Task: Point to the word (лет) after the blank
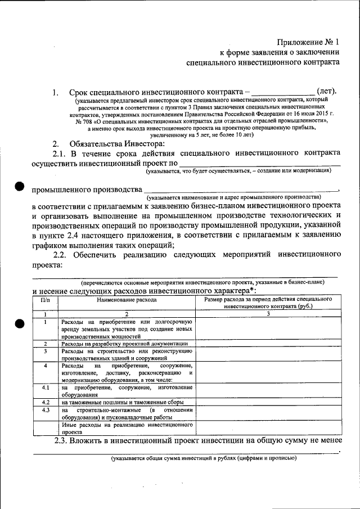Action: coord(326,91)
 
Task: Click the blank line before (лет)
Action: coord(282,93)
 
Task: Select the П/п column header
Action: coord(45,300)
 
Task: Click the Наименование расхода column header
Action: coord(127,300)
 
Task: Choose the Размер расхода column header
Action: coord(268,303)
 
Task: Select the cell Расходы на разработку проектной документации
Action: coord(127,343)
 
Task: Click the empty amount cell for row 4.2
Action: coord(268,402)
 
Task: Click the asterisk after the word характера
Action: coord(251,290)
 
